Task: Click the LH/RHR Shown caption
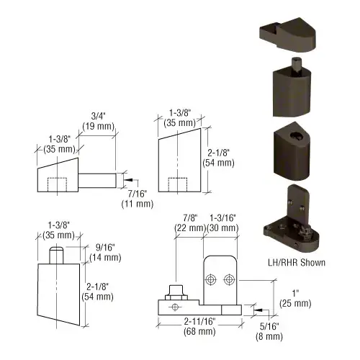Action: click(295, 262)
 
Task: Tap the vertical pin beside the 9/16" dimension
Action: click(55, 255)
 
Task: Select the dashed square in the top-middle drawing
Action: click(176, 185)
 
